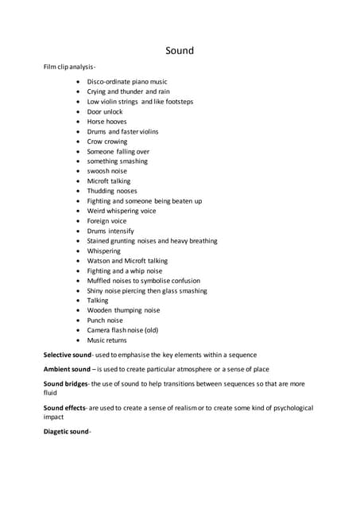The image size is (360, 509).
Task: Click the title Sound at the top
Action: [180, 51]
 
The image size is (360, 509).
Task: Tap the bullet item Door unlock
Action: [106, 111]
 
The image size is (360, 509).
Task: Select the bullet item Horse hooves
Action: [106, 122]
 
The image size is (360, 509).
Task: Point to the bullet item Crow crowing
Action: [106, 142]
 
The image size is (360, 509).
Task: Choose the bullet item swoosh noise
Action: [106, 171]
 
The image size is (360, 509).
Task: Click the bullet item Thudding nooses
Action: [111, 191]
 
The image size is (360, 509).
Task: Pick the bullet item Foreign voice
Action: [106, 221]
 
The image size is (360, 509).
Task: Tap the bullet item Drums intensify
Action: [110, 231]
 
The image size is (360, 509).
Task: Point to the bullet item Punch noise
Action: [105, 321]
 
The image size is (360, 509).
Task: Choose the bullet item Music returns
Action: [106, 340]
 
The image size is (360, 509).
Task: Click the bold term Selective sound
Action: [68, 354]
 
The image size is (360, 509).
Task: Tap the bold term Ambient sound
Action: [67, 369]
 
